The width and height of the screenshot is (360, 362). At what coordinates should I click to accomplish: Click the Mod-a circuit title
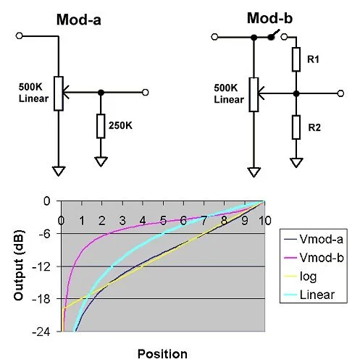pos(79,20)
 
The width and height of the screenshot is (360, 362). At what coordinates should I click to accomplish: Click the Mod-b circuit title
pos(269,18)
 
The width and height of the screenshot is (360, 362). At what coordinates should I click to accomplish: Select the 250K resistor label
pos(120,125)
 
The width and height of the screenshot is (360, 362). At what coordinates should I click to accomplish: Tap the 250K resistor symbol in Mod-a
pos(101,126)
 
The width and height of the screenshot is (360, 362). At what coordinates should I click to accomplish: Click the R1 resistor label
pos(313,59)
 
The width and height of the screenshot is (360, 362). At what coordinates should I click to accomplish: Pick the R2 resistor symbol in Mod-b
pos(296,127)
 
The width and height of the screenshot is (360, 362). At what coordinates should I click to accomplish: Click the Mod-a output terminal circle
pos(146,92)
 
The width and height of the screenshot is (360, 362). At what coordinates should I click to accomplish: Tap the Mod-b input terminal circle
pos(214,37)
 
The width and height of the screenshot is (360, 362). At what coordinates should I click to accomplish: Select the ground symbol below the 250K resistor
pos(101,161)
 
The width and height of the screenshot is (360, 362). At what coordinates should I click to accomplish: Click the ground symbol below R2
pos(296,162)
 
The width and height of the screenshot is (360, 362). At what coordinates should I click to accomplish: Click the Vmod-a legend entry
pos(314,239)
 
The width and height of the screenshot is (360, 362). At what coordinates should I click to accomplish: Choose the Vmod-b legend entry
pos(314,258)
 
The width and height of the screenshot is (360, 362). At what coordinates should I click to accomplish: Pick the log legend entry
pos(300,277)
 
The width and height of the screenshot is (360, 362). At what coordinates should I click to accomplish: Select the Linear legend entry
pos(309,295)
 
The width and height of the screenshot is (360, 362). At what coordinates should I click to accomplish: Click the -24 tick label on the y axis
pos(41,332)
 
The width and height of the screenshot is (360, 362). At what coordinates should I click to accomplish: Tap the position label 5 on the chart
pos(163,221)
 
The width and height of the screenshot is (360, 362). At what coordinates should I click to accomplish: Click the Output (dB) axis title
pos(19,266)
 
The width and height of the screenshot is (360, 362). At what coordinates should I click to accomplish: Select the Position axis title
pos(162,354)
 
